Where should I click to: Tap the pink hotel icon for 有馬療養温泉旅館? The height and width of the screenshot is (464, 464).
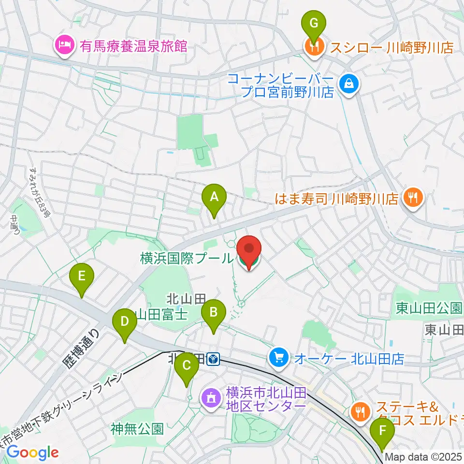[64, 47]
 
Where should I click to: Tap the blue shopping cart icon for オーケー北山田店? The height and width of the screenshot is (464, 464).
[279, 358]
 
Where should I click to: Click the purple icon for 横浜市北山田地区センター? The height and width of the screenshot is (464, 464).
[211, 398]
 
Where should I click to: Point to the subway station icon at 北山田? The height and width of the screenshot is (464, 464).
[213, 359]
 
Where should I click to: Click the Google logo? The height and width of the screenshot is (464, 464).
[32, 452]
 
